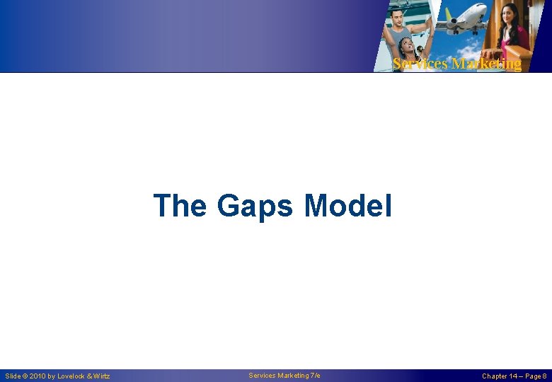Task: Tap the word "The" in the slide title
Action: click(x=180, y=205)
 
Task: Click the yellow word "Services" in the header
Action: click(x=420, y=64)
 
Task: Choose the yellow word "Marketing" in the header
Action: click(x=486, y=64)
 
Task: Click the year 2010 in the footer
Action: click(x=38, y=376)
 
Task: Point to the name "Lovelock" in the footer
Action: click(x=72, y=376)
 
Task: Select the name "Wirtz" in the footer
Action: click(x=101, y=376)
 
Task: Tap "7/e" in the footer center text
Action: click(x=315, y=376)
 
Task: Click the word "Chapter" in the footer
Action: click(x=494, y=376)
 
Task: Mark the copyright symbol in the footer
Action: click(x=25, y=376)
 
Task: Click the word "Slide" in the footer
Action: click(x=13, y=376)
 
